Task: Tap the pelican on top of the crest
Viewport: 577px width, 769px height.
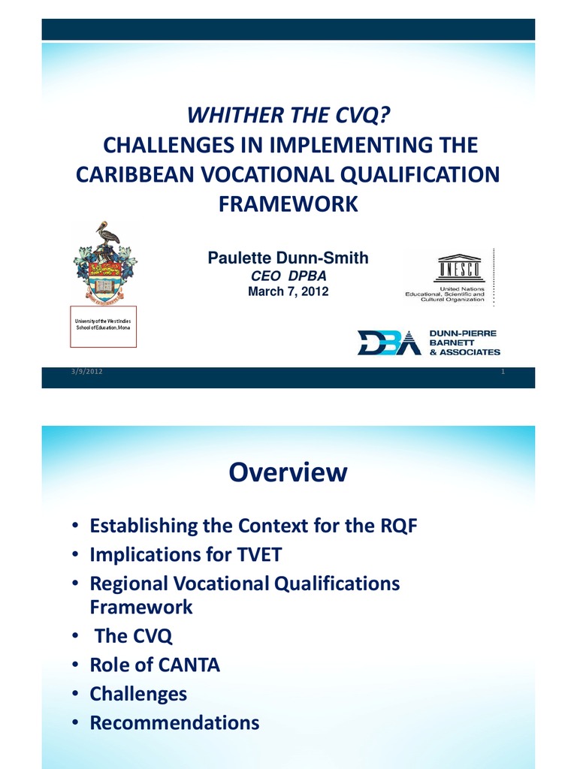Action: tap(107, 234)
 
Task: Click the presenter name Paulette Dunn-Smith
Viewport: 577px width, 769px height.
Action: tap(288, 258)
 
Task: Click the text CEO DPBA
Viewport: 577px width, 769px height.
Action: tap(288, 276)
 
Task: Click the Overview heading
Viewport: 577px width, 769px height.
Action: tap(288, 472)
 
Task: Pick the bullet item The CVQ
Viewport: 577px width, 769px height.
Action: tap(133, 636)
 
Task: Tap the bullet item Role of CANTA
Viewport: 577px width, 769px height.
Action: tap(155, 665)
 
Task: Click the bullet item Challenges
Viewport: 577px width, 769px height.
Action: tap(138, 694)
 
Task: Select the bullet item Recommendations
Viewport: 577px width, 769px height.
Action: tap(174, 722)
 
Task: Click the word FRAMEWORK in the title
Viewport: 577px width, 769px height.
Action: tap(288, 204)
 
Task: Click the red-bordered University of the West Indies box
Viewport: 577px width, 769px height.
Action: tap(103, 327)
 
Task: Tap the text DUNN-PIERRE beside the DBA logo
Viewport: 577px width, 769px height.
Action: tap(462, 332)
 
